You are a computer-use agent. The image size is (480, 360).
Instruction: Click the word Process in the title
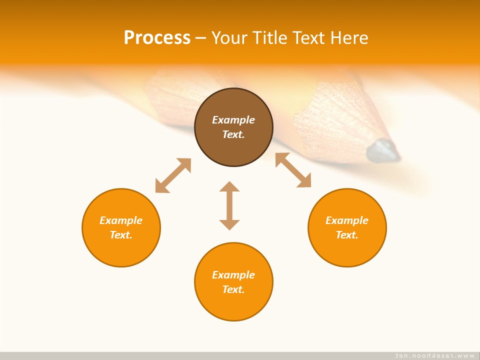pos(157,37)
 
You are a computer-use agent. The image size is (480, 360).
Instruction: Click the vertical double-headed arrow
pos(229,205)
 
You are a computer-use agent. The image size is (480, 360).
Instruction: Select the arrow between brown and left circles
pos(173,175)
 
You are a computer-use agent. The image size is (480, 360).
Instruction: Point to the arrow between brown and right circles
pos(293,170)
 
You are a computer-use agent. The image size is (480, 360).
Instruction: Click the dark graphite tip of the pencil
pos(384,150)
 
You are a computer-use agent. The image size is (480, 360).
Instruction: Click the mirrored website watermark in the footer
pos(434,355)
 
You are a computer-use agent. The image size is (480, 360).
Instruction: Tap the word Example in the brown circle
pos(233,120)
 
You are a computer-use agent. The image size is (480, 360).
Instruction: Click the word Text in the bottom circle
pos(233,289)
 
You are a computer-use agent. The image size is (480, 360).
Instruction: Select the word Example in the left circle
pos(121,220)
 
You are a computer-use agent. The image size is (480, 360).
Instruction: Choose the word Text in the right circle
pos(347,235)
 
